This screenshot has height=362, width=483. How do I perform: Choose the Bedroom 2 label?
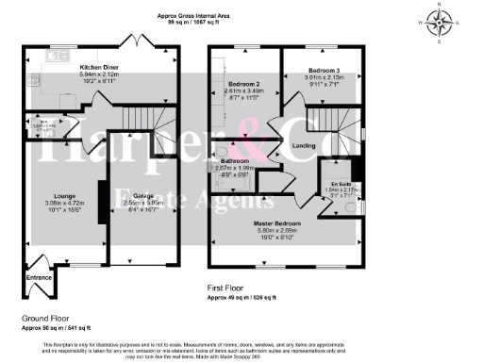[244, 85]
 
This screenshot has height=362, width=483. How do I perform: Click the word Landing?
[304, 145]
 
